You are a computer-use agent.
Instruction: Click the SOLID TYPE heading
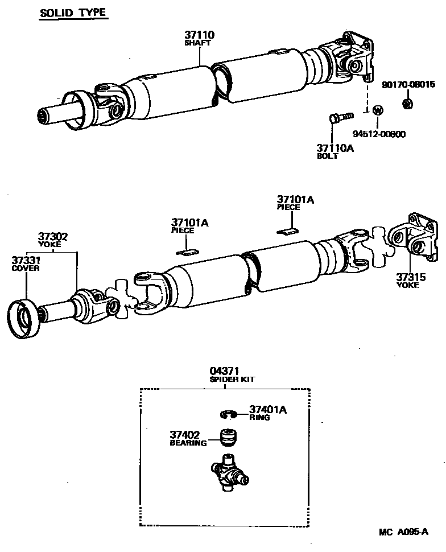[72, 13]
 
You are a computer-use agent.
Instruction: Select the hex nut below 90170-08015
[407, 103]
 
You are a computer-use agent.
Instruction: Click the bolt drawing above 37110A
[340, 117]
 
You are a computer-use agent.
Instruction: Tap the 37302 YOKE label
[53, 240]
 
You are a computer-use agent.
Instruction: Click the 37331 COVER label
[26, 263]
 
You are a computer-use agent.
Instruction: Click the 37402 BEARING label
[188, 439]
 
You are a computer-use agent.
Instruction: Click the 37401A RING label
[267, 413]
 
